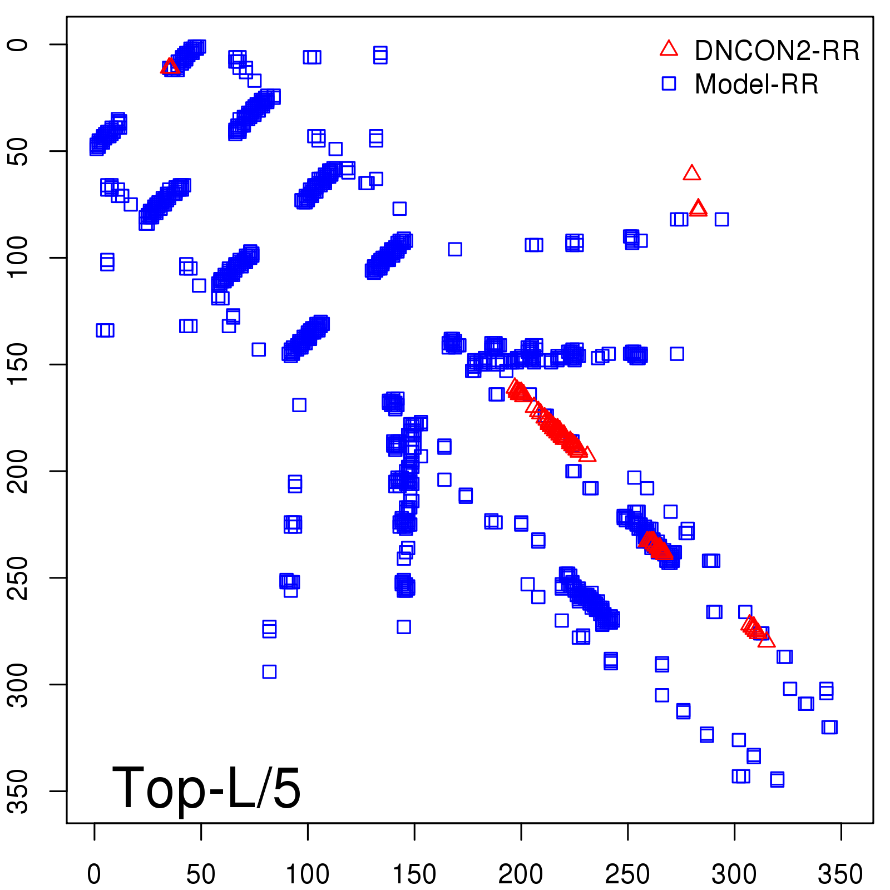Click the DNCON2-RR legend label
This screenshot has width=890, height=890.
point(777,51)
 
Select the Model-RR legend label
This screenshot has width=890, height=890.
point(756,85)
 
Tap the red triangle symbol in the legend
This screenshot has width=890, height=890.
point(669,49)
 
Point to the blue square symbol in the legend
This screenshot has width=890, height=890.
point(669,83)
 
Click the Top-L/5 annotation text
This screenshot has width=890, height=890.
point(206,788)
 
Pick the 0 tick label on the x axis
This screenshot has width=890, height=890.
point(94,874)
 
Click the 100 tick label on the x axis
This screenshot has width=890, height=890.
point(308,874)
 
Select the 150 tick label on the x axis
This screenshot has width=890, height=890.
point(414,874)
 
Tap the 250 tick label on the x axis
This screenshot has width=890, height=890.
point(627,874)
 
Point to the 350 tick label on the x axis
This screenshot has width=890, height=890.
point(840,874)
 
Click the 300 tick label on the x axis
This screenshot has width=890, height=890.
point(734,874)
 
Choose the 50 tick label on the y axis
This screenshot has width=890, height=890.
point(19,151)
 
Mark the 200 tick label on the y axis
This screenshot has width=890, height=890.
point(19,471)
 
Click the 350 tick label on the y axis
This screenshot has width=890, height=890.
point(19,791)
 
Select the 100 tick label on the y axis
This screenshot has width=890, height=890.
point(19,258)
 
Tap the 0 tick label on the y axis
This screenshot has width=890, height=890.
point(19,44)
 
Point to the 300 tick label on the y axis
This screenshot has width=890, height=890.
point(19,684)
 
